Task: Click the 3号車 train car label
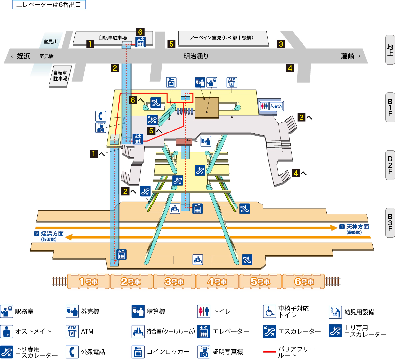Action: click(174, 282)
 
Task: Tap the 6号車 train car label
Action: click(304, 282)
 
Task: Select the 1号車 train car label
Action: click(88, 282)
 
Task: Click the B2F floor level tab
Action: click(390, 165)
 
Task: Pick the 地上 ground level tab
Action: click(390, 50)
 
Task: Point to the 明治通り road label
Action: click(196, 56)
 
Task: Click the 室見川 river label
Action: click(51, 42)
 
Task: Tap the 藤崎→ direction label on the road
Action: click(351, 56)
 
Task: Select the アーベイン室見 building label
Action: click(222, 38)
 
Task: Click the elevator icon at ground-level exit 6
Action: click(141, 42)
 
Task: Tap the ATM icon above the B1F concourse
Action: click(232, 82)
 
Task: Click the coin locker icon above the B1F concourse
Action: click(171, 82)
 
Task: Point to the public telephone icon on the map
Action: click(101, 116)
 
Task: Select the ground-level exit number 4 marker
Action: click(290, 68)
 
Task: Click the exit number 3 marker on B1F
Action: click(302, 117)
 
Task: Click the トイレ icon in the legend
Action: click(204, 311)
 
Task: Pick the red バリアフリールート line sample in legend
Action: click(269, 352)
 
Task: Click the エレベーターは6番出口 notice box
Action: click(49, 5)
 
